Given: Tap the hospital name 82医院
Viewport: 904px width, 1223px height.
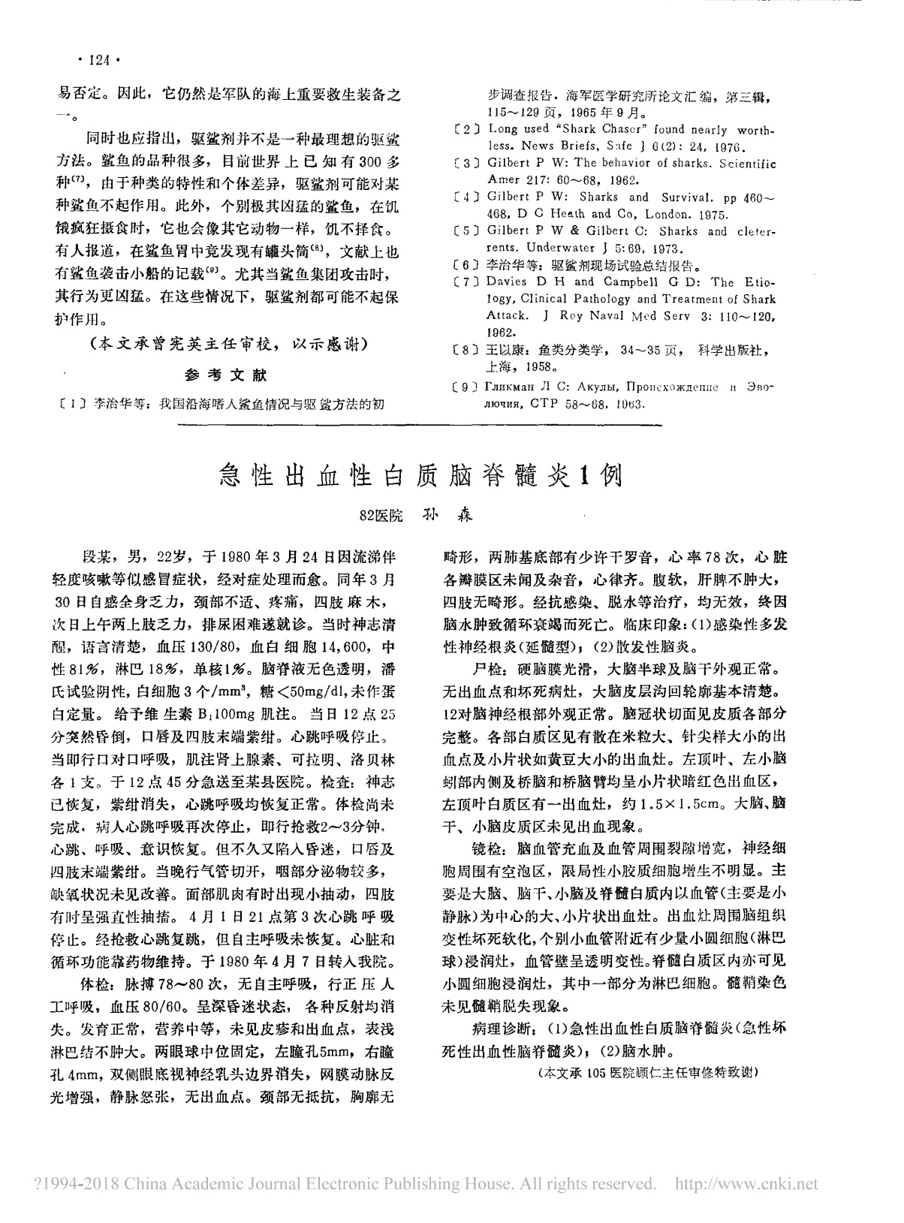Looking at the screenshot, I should tap(381, 517).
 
